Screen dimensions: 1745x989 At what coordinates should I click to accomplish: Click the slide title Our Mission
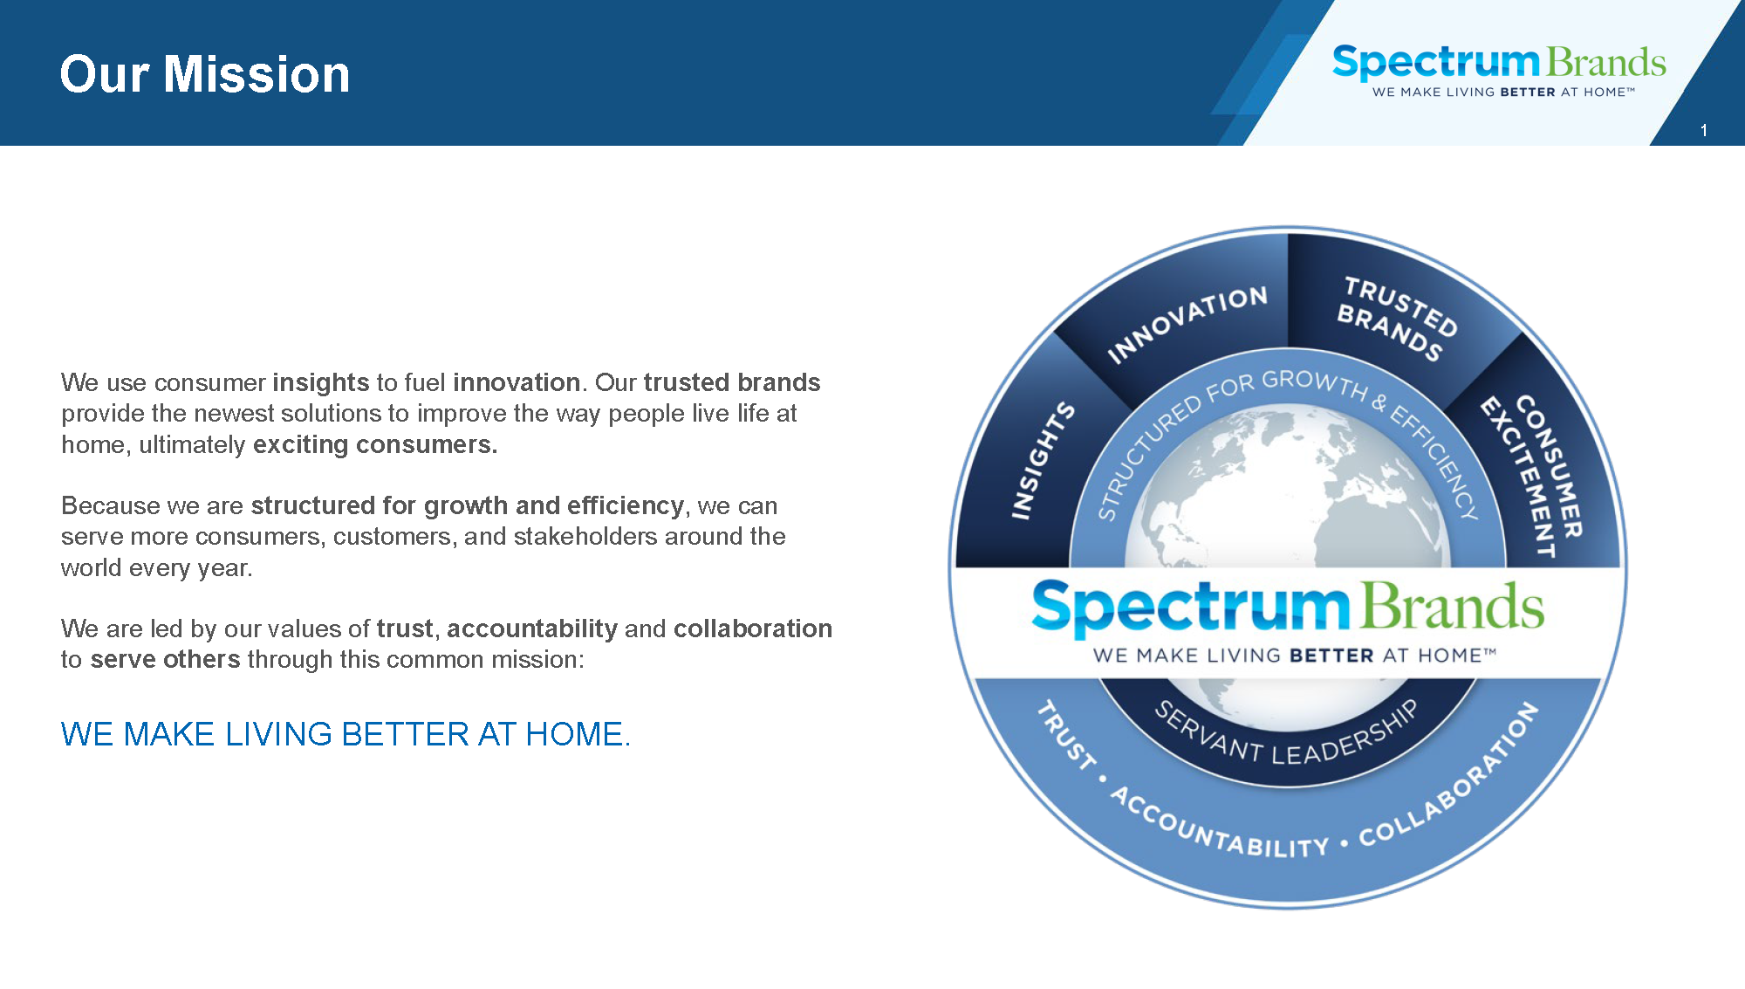tap(205, 74)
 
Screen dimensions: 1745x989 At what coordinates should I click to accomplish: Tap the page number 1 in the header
tap(1703, 130)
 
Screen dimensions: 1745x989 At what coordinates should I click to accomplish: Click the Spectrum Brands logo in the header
tap(1499, 70)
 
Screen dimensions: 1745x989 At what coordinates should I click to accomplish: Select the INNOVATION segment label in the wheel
tap(1187, 324)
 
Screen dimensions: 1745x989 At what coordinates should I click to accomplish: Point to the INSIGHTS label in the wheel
tap(1043, 460)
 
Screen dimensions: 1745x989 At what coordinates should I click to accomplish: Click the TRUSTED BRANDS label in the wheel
tap(1397, 318)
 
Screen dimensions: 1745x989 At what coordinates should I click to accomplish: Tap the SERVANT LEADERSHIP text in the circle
tap(1286, 734)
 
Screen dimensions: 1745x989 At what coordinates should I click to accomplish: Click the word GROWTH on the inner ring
tap(1315, 383)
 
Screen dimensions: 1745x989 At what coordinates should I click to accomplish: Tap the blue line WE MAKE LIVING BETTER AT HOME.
tap(346, 734)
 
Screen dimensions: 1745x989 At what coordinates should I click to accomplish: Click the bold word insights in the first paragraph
tap(321, 382)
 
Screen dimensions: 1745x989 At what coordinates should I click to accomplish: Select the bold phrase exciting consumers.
tap(375, 444)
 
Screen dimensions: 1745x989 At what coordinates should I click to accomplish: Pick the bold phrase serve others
tap(165, 659)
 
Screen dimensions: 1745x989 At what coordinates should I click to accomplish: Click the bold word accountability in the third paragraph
tap(532, 628)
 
